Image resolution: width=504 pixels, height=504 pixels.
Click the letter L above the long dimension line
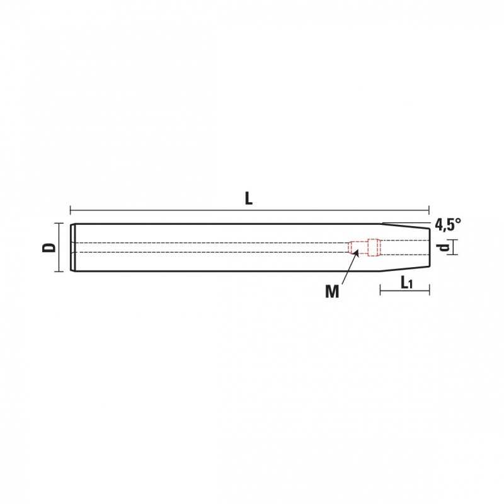point(249,199)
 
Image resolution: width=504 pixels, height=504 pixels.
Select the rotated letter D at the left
point(49,248)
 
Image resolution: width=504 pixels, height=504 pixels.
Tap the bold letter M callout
point(332,292)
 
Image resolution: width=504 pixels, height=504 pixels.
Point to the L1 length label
point(406,283)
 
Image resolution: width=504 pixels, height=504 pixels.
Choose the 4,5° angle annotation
point(448,225)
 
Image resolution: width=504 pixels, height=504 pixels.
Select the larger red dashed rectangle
point(374,248)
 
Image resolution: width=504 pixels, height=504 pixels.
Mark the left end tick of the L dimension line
point(71,210)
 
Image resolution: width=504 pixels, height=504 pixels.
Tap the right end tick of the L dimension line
point(429,210)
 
